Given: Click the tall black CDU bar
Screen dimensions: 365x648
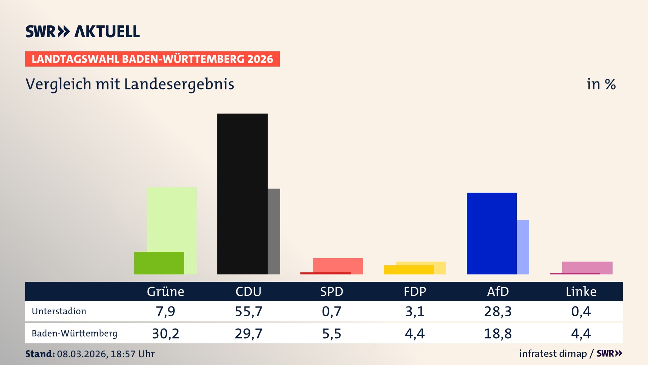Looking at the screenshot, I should pos(242,194).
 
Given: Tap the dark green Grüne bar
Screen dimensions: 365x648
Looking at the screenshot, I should pos(159,263).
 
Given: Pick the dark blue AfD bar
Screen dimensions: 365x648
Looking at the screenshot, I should pos(491,233).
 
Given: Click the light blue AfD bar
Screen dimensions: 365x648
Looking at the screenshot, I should pos(523,247).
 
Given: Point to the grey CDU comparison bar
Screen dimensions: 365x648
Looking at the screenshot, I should pos(274,231).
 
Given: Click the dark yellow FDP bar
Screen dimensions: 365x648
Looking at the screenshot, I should pos(408,270).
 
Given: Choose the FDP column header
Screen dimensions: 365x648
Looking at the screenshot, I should pos(415,291).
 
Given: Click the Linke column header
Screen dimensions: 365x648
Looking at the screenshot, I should pos(581,291).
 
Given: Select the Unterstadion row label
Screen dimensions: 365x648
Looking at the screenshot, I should pos(59,311).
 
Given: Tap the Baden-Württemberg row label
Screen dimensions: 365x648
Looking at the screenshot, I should pos(74,334).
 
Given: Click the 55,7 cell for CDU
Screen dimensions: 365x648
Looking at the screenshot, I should pos(248,311).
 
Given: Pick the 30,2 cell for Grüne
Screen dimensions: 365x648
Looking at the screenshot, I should pos(165,334).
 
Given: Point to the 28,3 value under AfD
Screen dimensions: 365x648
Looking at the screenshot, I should pos(498,311).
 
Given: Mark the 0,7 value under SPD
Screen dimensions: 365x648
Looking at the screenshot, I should pos(331,311).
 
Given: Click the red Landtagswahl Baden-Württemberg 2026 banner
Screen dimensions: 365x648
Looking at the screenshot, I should pos(152,59).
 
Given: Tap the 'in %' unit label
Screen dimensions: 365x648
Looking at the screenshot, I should pos(601,84).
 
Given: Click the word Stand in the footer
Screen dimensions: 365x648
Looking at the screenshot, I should pos(40,354).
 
